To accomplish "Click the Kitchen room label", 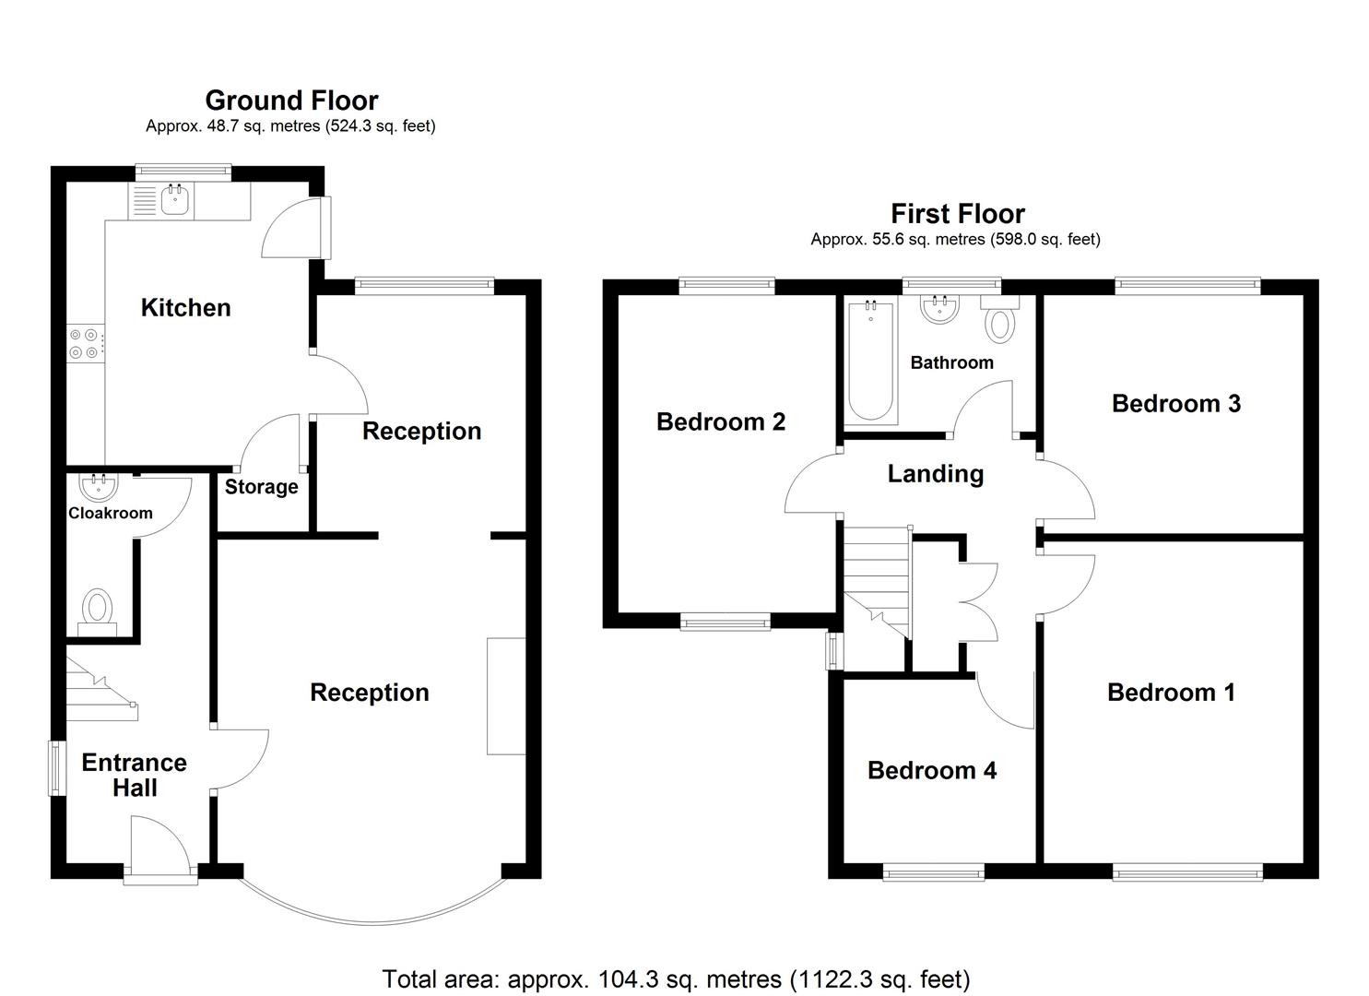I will (x=185, y=308).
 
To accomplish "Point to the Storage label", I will (x=261, y=487).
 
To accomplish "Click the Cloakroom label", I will (x=110, y=513).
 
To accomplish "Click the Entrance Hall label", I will (x=134, y=775).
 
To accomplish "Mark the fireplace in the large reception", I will (x=506, y=696).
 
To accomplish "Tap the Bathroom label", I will (x=951, y=362).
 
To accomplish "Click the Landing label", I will (x=935, y=474).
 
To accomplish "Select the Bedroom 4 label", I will (x=931, y=770).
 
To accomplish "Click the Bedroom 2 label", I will (x=720, y=422).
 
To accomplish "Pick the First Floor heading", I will (x=957, y=214).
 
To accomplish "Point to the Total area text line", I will (x=676, y=978).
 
